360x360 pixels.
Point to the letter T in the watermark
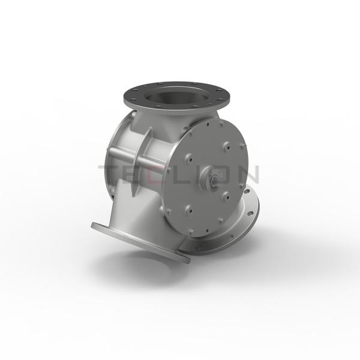111,174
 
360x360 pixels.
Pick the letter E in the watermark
136,174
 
